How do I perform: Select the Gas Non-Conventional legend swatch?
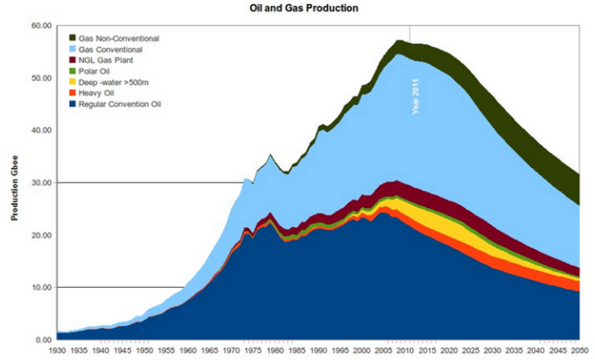(x=73, y=38)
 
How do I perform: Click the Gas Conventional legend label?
(x=114, y=49)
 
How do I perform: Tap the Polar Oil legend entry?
(x=102, y=71)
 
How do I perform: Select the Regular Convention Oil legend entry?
(x=124, y=103)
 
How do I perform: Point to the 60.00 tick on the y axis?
(x=40, y=26)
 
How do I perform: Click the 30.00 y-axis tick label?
(x=40, y=183)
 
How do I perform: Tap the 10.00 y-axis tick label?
(x=40, y=287)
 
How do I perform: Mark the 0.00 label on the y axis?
(x=42, y=339)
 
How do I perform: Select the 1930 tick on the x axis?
(x=57, y=351)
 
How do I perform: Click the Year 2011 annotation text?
(x=415, y=99)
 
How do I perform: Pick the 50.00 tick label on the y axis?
(x=40, y=78)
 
